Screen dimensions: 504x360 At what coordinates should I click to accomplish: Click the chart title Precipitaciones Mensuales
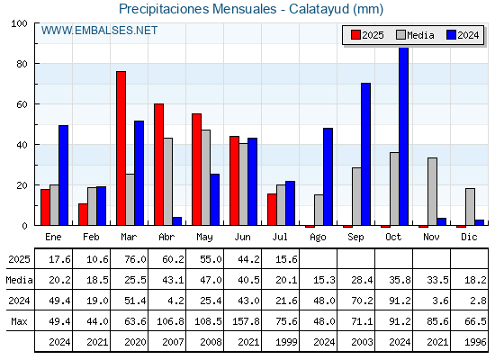pos(197,9)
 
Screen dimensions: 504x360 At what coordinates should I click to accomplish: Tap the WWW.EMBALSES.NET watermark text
pos(99,31)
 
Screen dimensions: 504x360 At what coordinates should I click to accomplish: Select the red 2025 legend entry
pos(367,35)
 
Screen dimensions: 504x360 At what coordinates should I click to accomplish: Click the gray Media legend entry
pos(415,35)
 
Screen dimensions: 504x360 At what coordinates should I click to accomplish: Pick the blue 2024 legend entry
pos(463,35)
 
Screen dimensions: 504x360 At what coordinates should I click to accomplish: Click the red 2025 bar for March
pos(121,148)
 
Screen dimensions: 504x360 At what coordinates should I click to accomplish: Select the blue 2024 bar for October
pos(404,136)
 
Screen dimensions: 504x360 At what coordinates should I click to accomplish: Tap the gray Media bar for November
pos(432,192)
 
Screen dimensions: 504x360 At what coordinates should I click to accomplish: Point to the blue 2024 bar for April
pos(176,221)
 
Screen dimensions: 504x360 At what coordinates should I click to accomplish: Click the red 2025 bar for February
pos(83,214)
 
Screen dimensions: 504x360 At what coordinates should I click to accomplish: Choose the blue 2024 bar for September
pos(365,154)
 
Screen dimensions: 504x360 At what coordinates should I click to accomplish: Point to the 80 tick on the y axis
pos(22,64)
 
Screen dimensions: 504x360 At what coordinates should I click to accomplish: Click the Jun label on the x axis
pos(242,238)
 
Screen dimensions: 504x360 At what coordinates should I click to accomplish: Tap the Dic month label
pos(469,238)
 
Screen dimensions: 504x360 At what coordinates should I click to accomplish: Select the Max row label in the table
pos(19,321)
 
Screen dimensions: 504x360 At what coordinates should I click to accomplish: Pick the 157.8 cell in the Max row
pos(246,321)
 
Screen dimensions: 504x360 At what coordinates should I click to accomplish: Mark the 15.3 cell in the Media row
pos(324,280)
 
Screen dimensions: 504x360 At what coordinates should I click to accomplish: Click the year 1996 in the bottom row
pos(475,342)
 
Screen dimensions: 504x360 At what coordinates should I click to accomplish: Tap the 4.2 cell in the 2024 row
pos(175,301)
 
